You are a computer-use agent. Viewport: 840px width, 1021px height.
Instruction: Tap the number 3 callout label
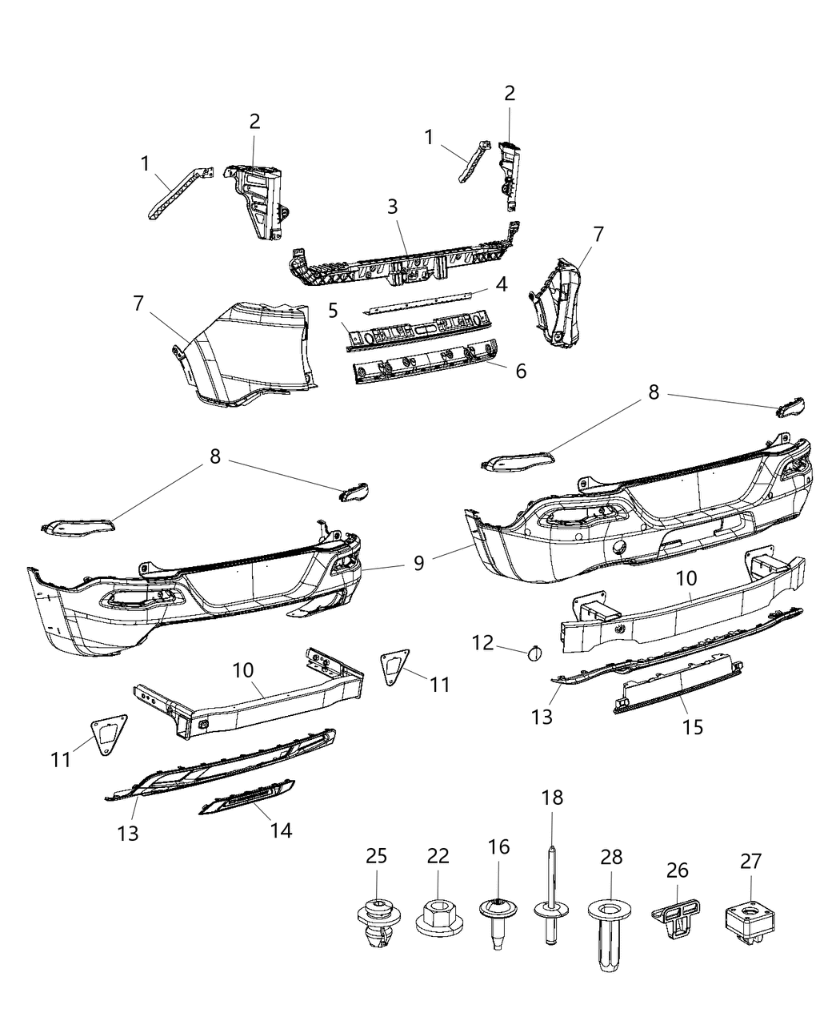392,206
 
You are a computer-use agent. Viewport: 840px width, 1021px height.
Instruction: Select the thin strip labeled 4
424,301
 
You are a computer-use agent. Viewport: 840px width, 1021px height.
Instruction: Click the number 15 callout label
692,726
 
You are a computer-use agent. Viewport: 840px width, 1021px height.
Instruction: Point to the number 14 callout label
280,830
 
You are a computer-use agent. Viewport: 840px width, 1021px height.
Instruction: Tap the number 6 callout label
521,371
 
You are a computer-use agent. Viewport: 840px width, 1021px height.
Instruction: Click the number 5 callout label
333,310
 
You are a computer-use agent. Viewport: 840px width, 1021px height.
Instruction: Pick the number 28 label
611,857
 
